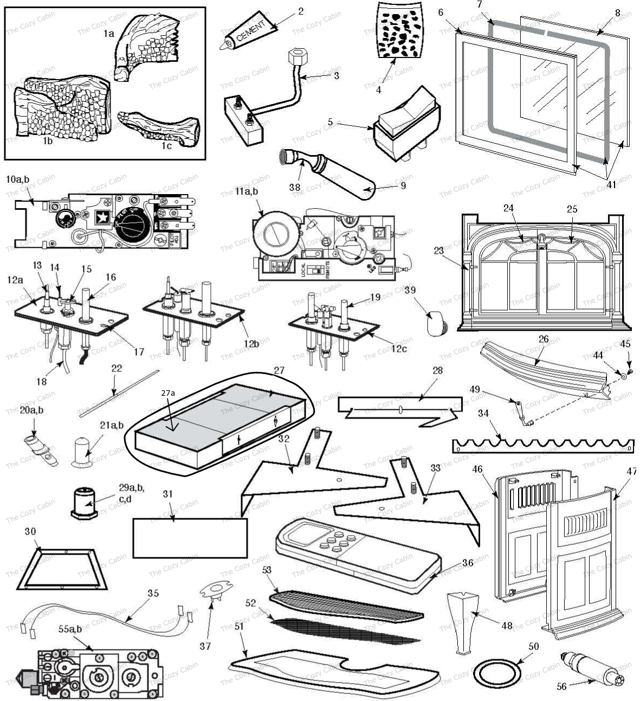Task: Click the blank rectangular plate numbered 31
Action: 190,538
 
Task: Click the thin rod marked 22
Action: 119,394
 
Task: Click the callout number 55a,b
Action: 70,629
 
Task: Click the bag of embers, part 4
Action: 400,31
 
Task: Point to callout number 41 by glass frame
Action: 611,184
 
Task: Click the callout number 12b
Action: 251,343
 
